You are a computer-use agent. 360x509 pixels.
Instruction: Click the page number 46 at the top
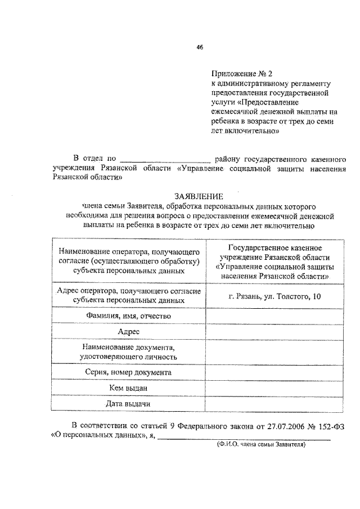(x=199, y=48)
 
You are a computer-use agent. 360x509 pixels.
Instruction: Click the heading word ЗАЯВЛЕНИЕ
(x=199, y=196)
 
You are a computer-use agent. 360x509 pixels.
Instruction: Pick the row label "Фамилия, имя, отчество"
(x=128, y=317)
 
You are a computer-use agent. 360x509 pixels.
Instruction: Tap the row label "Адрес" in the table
(x=128, y=332)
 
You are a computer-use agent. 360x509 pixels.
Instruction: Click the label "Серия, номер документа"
(x=128, y=372)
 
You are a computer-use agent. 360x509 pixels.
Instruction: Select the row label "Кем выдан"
(x=128, y=388)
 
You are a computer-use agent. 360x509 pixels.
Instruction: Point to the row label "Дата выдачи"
(x=128, y=403)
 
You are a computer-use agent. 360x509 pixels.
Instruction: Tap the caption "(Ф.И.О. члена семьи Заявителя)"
(x=260, y=444)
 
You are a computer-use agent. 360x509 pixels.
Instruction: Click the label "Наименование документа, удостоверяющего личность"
(x=128, y=352)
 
